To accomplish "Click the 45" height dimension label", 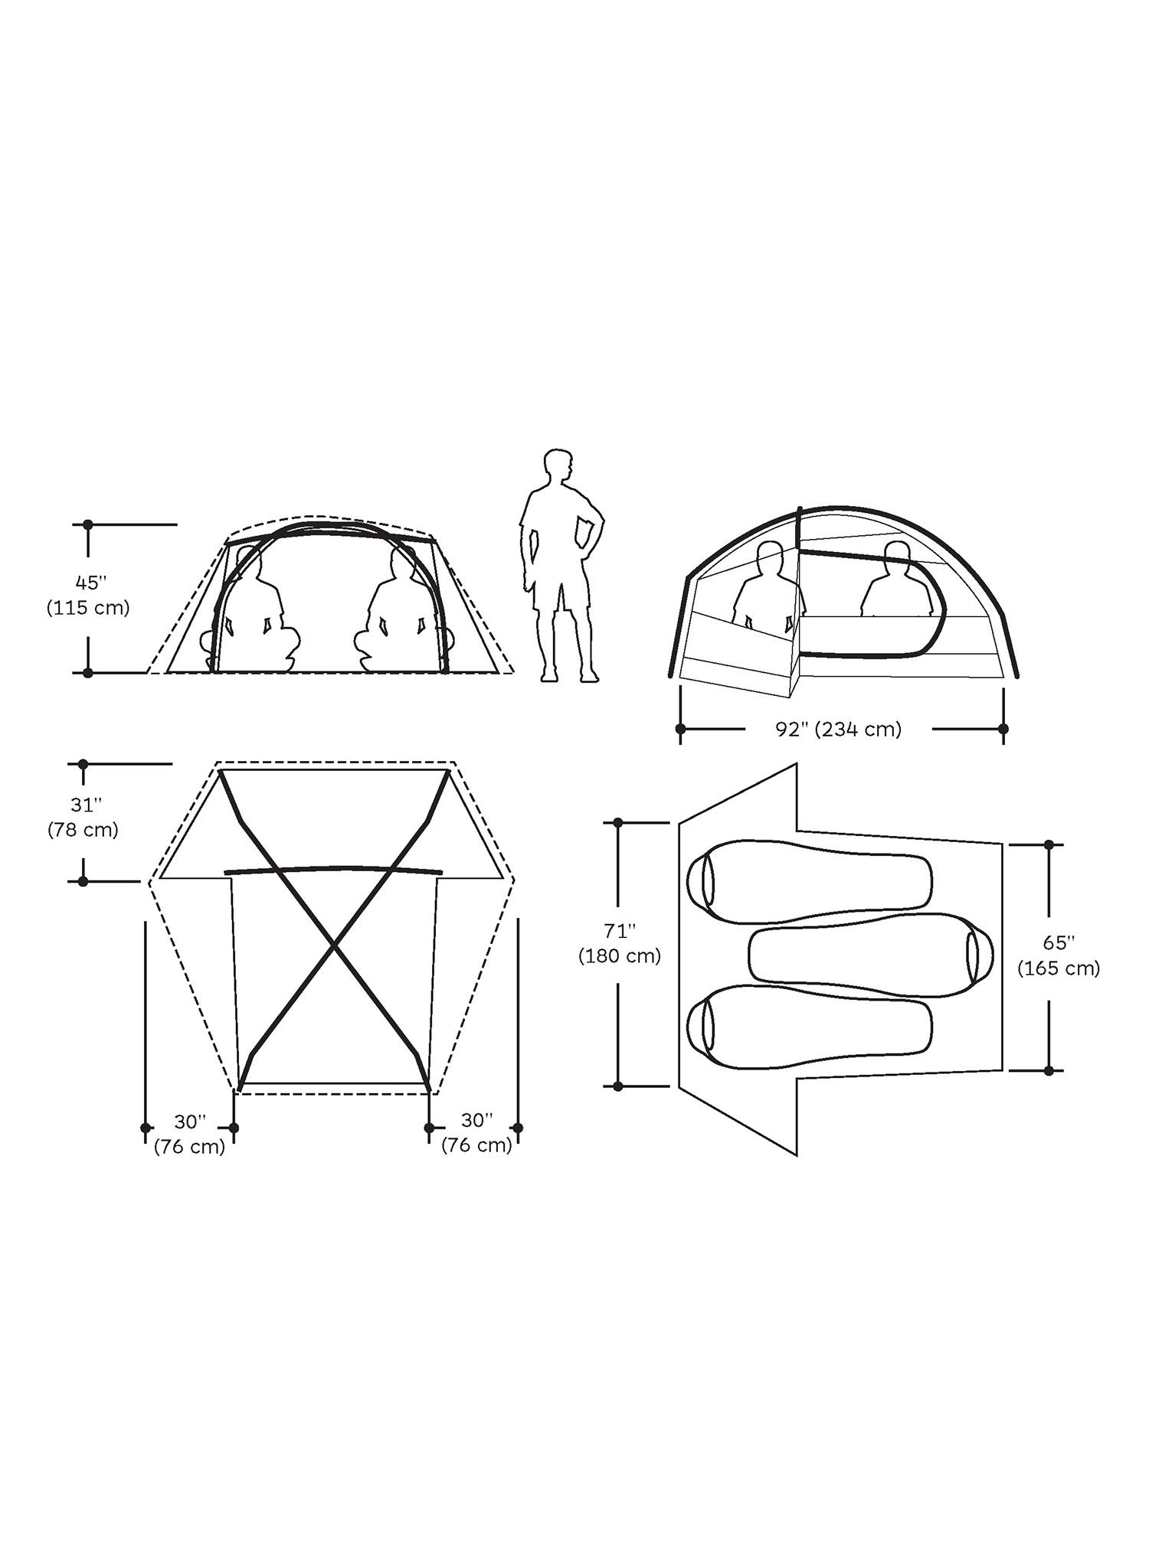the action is coord(89,583).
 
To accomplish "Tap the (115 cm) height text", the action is coord(89,608).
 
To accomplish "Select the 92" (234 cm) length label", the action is coord(839,729).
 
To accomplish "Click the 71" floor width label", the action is coord(620,931).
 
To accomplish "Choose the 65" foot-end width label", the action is coord(1059,942).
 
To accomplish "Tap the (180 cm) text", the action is coord(620,956).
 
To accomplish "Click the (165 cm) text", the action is coord(1059,968).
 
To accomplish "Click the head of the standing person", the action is coord(558,466).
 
